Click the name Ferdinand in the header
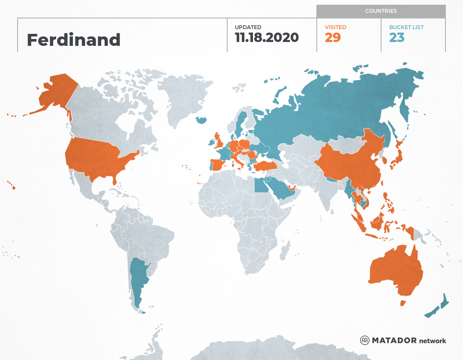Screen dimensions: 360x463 [x=73, y=40]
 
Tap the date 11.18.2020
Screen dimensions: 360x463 [x=267, y=38]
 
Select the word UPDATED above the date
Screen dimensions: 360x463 [x=248, y=27]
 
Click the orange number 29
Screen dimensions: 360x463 [x=333, y=38]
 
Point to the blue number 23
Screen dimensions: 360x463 [x=397, y=38]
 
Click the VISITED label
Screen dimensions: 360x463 [x=335, y=27]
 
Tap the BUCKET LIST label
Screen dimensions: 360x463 [x=406, y=27]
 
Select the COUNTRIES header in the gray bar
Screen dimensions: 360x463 [x=381, y=11]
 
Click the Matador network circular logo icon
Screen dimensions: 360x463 [x=364, y=340]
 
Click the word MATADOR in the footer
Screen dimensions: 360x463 [x=394, y=340]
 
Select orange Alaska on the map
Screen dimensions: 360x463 [x=56, y=94]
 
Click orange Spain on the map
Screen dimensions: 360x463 [x=218, y=165]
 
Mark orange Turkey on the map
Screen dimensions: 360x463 [x=266, y=165]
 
